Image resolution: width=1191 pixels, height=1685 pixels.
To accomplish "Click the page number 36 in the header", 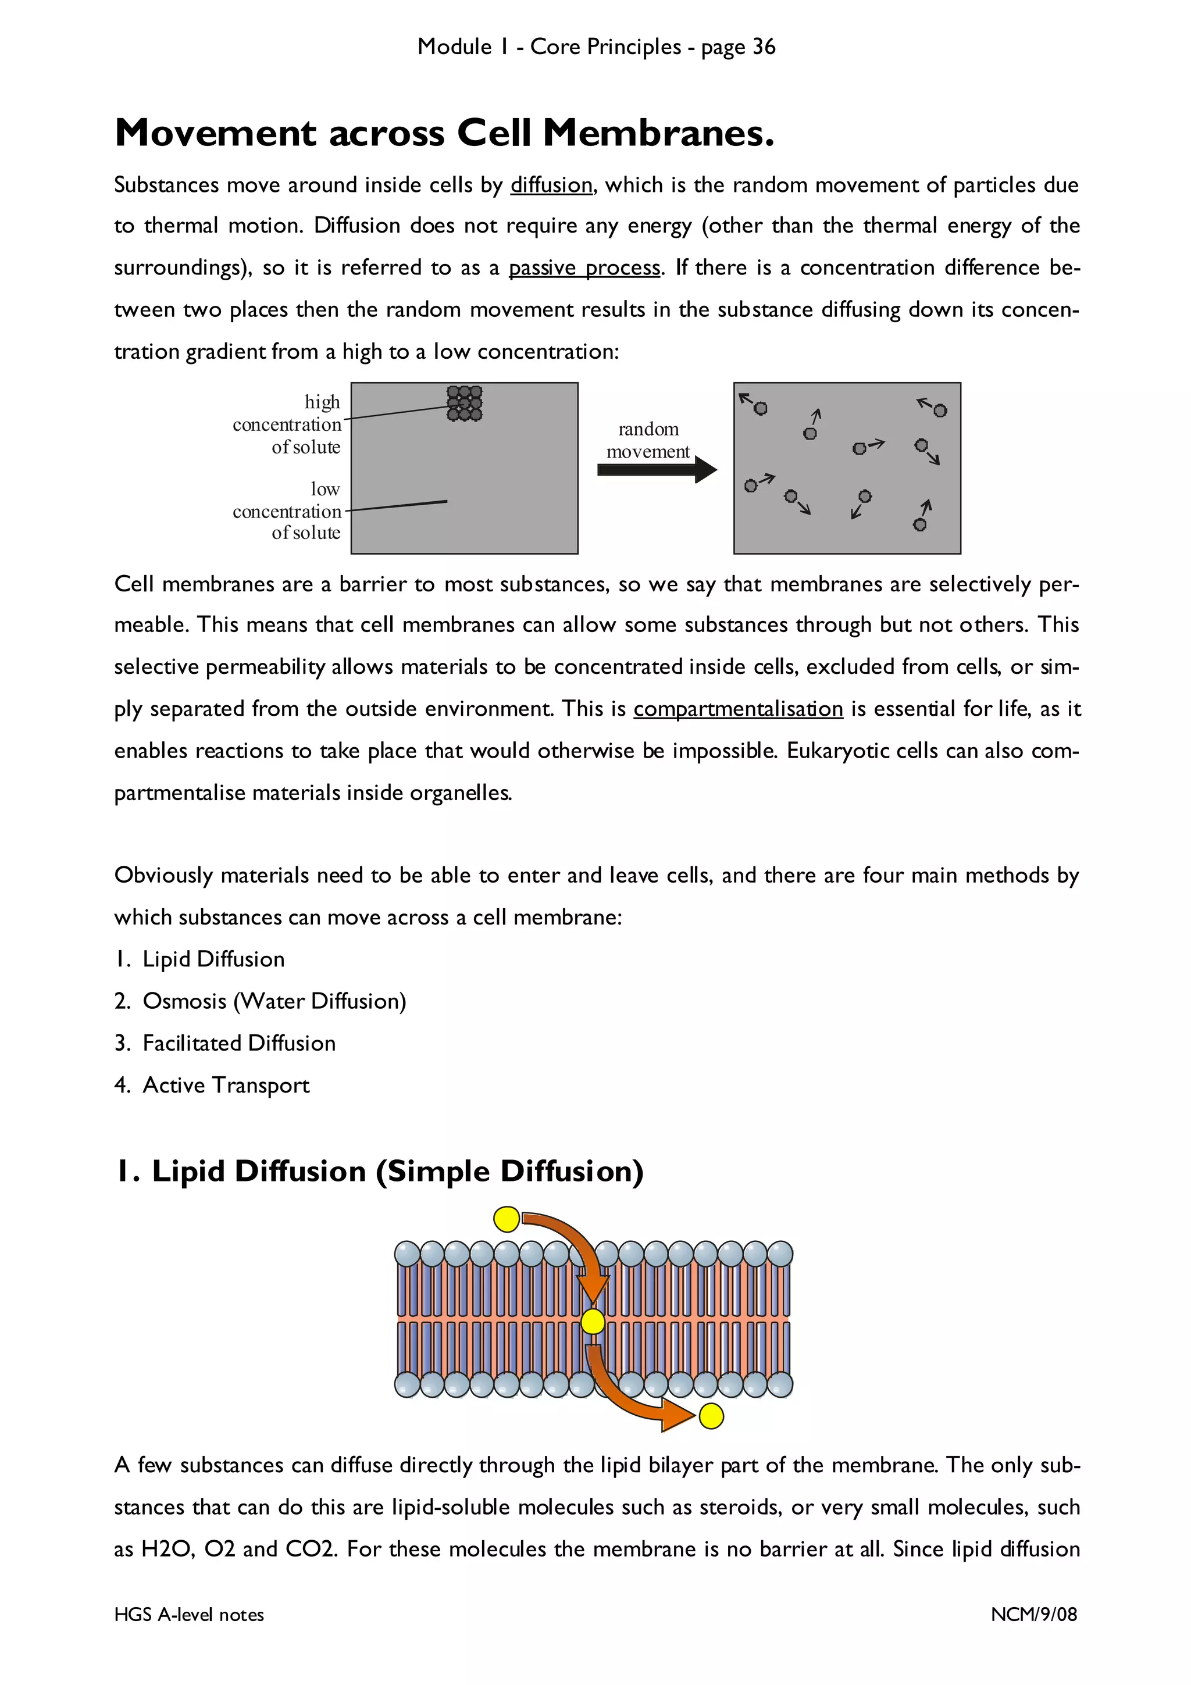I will pos(763,47).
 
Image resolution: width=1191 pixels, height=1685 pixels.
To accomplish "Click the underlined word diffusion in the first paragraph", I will pos(551,185).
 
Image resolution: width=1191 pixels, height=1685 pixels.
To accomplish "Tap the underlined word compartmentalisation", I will pos(737,709).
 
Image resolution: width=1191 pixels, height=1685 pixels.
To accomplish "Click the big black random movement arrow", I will pos(657,470).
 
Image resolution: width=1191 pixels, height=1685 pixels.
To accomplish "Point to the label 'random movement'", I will pos(648,440).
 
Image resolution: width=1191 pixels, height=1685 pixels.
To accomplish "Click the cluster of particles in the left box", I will pos(465,403).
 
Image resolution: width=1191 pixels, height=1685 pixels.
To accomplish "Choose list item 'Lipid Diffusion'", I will pos(213,959).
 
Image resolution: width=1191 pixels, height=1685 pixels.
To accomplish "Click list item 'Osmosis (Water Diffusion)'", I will pos(274,1001).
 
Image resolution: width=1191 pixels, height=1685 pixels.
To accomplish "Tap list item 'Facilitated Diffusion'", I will pos(238,1043).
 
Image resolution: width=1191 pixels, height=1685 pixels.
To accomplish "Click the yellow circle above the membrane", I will pos(507,1219).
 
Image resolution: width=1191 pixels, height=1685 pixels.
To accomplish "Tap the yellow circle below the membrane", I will pos(711,1416).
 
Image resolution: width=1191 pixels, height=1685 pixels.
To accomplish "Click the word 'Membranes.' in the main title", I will pos(658,134).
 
